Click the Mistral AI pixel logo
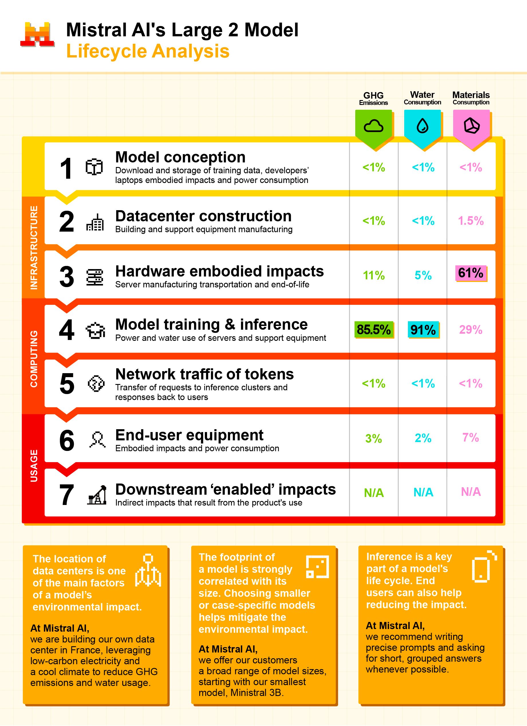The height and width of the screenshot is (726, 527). point(37,35)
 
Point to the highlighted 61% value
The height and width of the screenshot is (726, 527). point(471,273)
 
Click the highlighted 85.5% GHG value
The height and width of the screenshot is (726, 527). point(374,329)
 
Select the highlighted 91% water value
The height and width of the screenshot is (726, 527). point(423,330)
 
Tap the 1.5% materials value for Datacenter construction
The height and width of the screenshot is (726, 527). point(471,220)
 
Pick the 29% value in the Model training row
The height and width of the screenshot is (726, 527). point(471,329)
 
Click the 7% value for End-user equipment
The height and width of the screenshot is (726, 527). point(471,437)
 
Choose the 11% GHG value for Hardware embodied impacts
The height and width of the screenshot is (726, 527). point(374,275)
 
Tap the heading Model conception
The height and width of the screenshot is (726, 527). point(180,157)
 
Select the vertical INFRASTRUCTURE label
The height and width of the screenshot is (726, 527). point(34,247)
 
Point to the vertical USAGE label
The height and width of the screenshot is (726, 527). point(34,466)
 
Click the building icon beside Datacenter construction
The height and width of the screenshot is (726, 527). point(95,222)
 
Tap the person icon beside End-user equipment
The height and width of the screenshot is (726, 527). point(97,439)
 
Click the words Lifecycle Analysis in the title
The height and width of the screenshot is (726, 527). point(148,51)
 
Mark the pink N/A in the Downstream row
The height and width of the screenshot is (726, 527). point(471,492)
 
